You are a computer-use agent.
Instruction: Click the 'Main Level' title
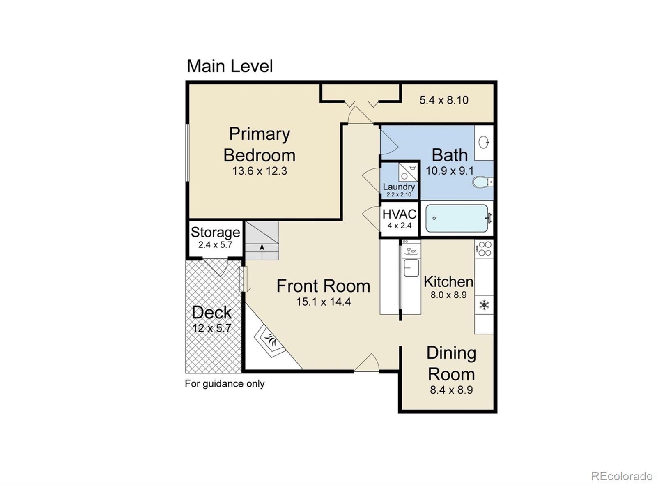(x=230, y=66)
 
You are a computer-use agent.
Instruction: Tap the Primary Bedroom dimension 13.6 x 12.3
(x=260, y=171)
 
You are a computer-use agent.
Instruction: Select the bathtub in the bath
(x=457, y=218)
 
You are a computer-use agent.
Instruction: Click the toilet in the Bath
(x=480, y=182)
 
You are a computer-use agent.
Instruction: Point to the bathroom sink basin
(x=484, y=143)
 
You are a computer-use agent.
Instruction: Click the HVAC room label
(x=399, y=214)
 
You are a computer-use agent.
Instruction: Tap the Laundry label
(x=399, y=187)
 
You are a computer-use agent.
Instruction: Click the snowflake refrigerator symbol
(x=484, y=305)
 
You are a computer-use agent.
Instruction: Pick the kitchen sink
(x=411, y=268)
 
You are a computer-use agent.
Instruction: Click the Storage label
(x=215, y=233)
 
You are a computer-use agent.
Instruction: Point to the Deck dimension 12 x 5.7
(x=212, y=328)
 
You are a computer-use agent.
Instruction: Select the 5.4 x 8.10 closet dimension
(x=444, y=100)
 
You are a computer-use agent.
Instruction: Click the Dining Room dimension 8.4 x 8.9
(x=451, y=390)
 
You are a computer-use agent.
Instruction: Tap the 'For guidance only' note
(x=225, y=384)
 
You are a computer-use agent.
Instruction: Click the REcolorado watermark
(x=621, y=476)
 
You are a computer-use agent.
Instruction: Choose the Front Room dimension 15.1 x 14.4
(x=323, y=302)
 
